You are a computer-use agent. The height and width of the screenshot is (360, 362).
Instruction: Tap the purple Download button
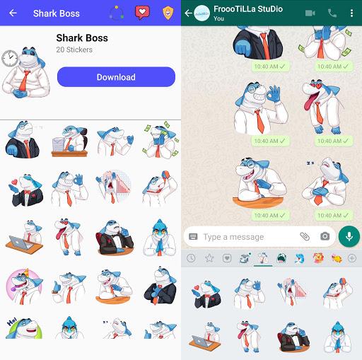[116, 77]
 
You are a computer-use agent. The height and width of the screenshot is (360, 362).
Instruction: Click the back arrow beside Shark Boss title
[13, 13]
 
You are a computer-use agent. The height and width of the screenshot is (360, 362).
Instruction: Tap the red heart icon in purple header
[143, 13]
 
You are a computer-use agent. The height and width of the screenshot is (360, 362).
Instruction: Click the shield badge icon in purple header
[168, 13]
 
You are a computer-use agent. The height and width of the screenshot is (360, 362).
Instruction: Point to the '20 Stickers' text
[74, 50]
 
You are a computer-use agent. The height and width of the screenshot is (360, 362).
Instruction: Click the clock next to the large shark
[9, 59]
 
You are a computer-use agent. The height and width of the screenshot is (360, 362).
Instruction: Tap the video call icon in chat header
[310, 13]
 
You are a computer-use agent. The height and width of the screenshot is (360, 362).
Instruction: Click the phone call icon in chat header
[332, 13]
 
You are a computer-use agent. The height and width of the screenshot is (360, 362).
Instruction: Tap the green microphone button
[349, 236]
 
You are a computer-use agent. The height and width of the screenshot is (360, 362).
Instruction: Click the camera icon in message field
[325, 236]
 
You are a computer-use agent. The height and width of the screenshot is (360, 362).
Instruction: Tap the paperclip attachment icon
[305, 236]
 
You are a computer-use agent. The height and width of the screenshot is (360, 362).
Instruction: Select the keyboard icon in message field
[193, 237]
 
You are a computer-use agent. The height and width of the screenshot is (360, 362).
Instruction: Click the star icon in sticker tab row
[209, 258]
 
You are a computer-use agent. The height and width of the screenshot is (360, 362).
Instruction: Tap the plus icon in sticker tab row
[352, 258]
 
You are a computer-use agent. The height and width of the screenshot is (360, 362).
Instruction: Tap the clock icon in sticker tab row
[191, 258]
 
